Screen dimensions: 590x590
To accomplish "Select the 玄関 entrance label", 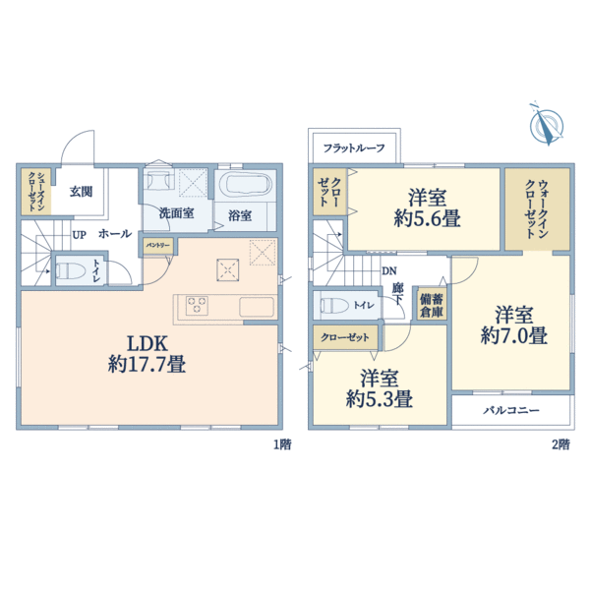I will point(81,191).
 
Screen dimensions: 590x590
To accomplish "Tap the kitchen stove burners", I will point(195,305).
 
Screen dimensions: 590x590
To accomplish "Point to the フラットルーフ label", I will point(354,148).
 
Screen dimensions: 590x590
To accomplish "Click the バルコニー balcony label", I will point(511,410).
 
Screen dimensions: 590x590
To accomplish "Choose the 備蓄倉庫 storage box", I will point(431,305).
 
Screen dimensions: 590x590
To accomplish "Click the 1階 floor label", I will point(281,444).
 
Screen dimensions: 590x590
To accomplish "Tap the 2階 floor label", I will point(560,444).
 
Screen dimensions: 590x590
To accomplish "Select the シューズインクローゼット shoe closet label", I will point(35,191).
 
